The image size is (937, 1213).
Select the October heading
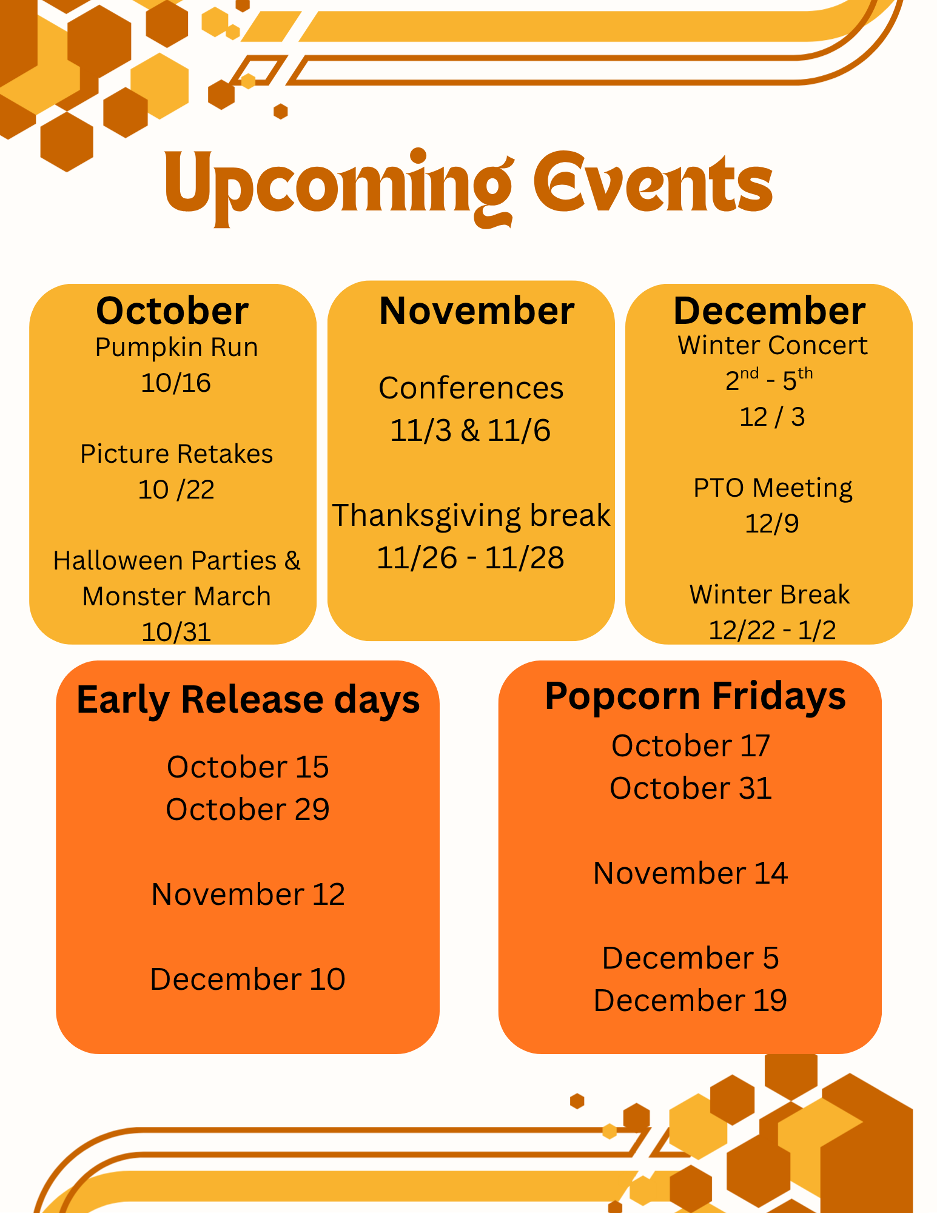coord(172,311)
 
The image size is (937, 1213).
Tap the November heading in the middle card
coord(477,311)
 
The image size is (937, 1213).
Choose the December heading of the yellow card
coord(769,311)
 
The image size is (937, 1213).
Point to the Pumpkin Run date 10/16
coord(176,383)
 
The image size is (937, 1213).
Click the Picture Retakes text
coord(176,454)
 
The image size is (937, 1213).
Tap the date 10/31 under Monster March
coord(176,632)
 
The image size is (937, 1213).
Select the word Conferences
coord(471,388)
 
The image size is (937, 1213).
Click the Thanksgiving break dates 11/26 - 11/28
coord(471,557)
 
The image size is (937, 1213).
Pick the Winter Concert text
coord(772,346)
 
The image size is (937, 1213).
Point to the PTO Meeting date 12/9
coord(771,523)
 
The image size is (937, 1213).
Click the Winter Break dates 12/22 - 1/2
coord(772,630)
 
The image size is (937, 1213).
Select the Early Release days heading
coord(248,700)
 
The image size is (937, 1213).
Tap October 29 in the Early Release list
coord(247,809)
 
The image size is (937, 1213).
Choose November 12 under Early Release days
coord(248,894)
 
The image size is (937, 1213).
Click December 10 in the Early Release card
coord(247,979)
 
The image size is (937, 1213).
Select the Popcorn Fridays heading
coord(695,696)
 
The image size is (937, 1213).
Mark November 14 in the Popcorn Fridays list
coord(690,873)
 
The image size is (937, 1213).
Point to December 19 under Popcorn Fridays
coord(690,1000)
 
